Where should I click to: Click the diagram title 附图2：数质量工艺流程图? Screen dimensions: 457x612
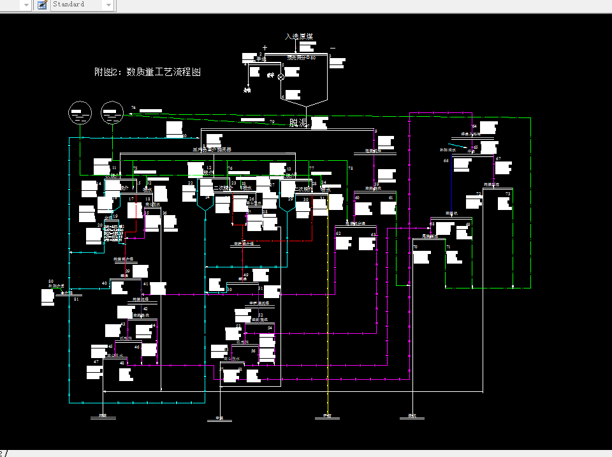(147, 72)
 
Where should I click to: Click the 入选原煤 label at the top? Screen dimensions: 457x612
(299, 36)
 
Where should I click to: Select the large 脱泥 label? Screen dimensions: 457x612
(298, 123)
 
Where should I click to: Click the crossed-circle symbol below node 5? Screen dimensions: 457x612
(280, 77)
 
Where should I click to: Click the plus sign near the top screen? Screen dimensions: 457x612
(265, 48)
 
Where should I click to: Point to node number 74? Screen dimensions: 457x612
(133, 108)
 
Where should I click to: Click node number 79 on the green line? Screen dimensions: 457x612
(272, 122)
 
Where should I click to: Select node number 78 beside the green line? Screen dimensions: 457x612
(350, 168)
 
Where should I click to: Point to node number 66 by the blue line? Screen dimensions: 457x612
(446, 161)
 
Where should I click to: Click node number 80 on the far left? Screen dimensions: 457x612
(51, 281)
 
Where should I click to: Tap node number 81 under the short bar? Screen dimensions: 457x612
(76, 299)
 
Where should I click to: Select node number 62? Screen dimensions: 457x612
(339, 234)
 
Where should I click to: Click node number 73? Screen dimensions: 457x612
(508, 194)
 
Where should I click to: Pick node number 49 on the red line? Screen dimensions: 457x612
(245, 275)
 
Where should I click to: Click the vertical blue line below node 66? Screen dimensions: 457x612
(452, 191)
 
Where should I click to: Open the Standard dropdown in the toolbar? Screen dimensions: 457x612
(108, 4)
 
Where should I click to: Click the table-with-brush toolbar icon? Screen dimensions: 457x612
(42, 4)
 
